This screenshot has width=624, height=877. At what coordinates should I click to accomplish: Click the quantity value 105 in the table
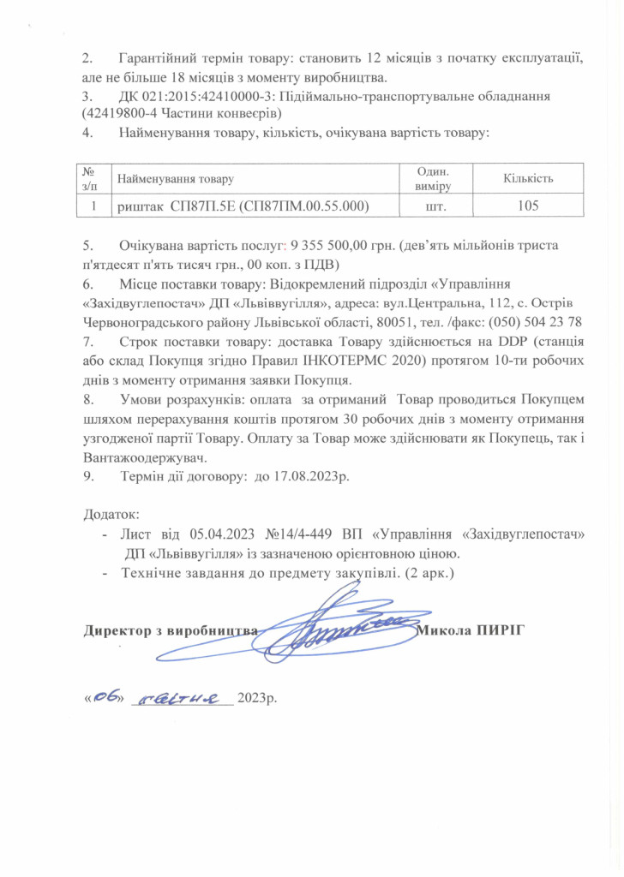(528, 206)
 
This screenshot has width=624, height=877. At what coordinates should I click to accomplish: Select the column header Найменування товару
(175, 178)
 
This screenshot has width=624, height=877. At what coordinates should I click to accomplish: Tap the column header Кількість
(528, 177)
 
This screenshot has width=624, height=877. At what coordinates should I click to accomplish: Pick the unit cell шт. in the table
(436, 206)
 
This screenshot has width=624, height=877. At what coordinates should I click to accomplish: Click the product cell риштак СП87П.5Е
(243, 206)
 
